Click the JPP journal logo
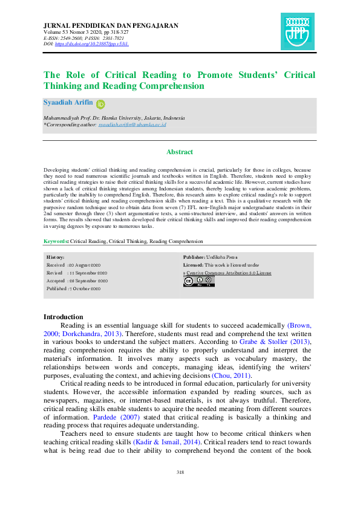pyautogui.click(x=298, y=31)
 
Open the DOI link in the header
pyautogui.click(x=93, y=44)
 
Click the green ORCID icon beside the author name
pyautogui.click(x=100, y=104)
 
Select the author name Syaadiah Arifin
pyautogui.click(x=68, y=103)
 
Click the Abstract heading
pyautogui.click(x=180, y=152)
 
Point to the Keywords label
pyautogui.click(x=56, y=241)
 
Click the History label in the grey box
pyautogui.click(x=56, y=258)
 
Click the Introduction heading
pyautogui.click(x=64, y=317)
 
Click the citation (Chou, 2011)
pyautogui.click(x=231, y=375)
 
